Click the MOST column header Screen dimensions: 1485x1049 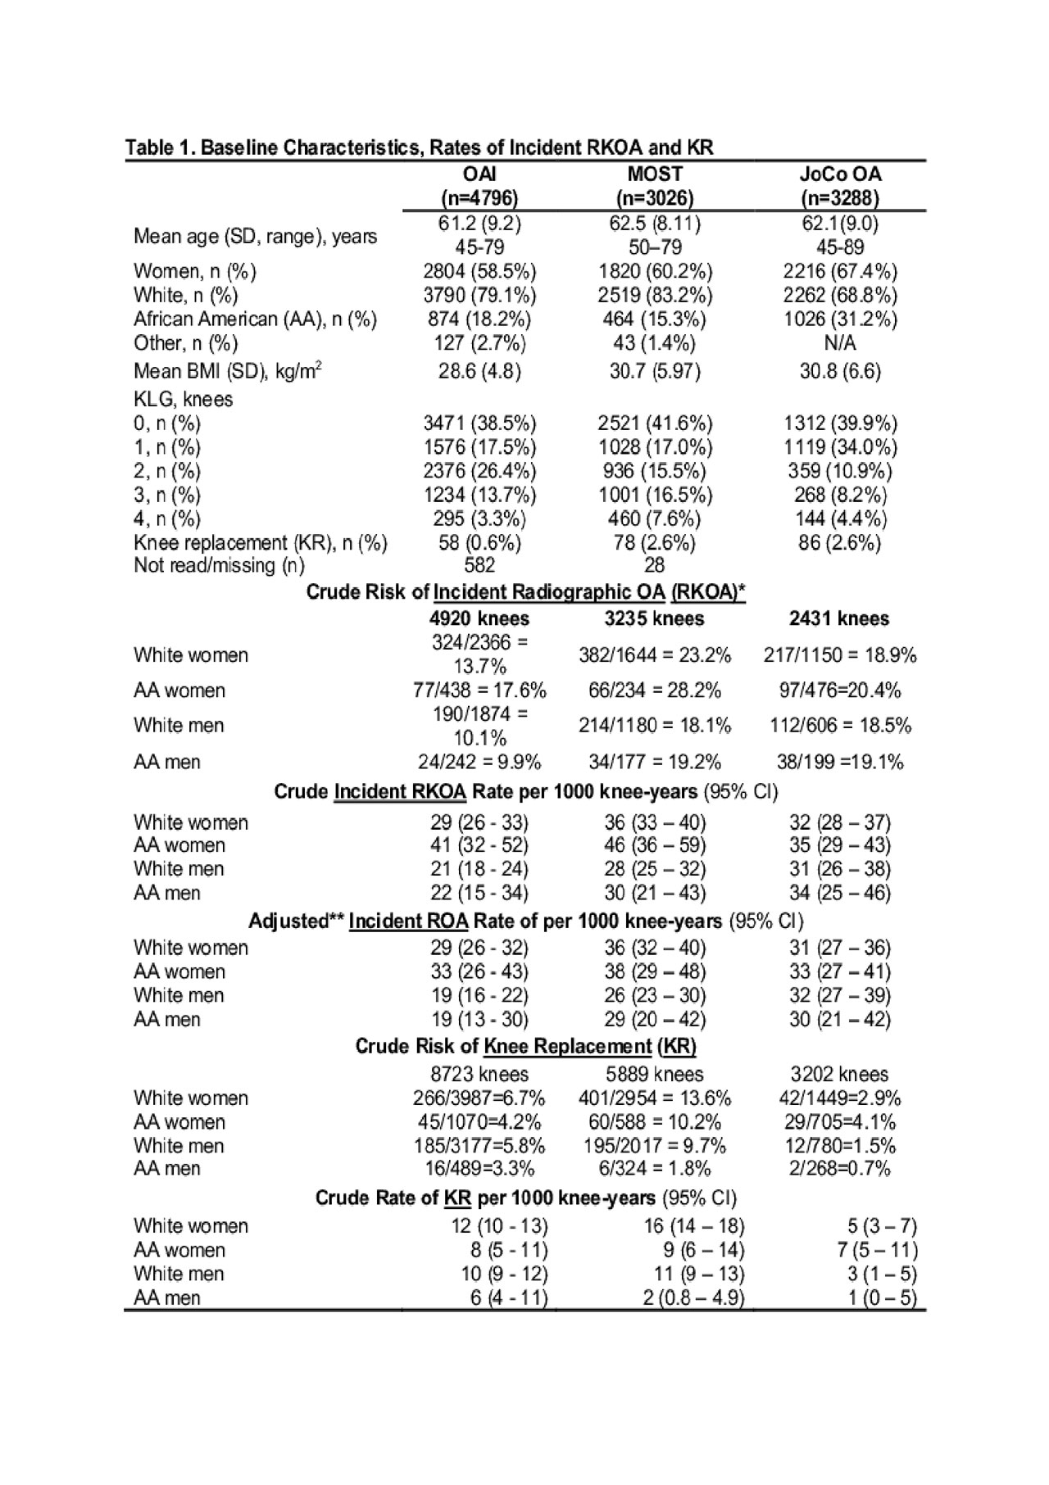[x=655, y=174]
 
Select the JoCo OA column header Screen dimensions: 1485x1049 [x=840, y=174]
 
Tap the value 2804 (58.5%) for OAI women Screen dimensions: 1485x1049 [x=479, y=271]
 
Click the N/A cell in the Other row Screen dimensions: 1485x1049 [x=840, y=342]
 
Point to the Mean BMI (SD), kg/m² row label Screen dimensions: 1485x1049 [x=227, y=371]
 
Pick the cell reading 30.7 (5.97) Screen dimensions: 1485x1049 [x=655, y=371]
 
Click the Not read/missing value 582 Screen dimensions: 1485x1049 [x=479, y=565]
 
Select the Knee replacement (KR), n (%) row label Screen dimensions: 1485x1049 [x=260, y=543]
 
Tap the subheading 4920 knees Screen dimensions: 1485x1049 [x=479, y=618]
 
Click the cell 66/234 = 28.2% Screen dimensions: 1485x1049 [x=655, y=690]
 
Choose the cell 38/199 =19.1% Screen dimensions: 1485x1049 [x=840, y=762]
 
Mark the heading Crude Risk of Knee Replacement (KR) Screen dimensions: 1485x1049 [x=525, y=1046]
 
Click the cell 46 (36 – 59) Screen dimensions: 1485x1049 [x=655, y=845]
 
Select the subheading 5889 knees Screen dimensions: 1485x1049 [x=655, y=1074]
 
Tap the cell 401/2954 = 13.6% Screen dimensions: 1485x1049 [x=655, y=1098]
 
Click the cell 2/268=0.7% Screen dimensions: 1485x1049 [x=840, y=1169]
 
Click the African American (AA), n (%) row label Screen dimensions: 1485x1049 [x=255, y=319]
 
